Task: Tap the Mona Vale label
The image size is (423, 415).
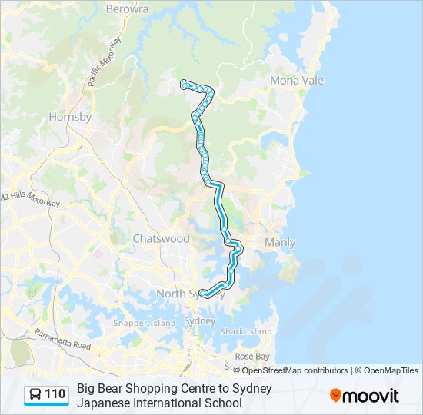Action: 296,81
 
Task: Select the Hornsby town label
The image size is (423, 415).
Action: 70,118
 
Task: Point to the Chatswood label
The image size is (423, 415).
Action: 161,238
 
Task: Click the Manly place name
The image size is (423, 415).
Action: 280,243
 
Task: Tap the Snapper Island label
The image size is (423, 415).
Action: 145,324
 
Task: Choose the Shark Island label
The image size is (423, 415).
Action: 246,331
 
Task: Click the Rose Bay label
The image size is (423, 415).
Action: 252,357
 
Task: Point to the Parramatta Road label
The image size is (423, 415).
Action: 62,340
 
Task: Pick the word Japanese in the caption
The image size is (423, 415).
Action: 106,403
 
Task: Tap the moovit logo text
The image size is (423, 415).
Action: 371,396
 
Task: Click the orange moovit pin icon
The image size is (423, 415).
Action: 335,396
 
